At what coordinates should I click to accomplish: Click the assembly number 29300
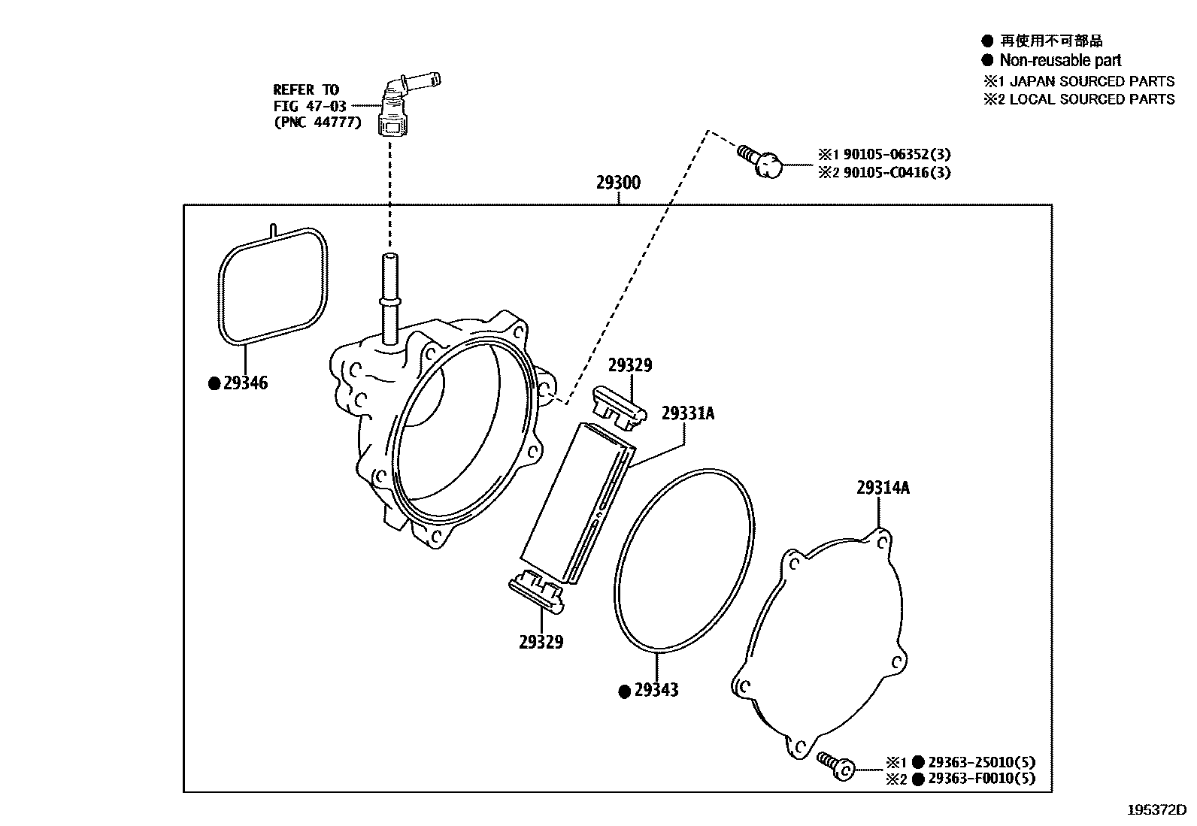[618, 183]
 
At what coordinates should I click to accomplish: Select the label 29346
[245, 383]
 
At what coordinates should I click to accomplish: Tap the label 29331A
[687, 413]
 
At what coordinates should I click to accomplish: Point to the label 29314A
[882, 488]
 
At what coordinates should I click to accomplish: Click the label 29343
[656, 690]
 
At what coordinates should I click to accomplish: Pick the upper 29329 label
[629, 365]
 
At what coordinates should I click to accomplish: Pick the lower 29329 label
[541, 642]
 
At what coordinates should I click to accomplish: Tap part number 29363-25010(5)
[980, 762]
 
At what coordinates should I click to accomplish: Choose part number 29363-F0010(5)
[980, 779]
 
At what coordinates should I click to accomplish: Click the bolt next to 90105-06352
[761, 162]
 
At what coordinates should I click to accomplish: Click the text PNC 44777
[317, 123]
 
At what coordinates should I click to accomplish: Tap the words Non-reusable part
[1060, 61]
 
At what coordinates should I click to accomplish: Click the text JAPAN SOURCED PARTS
[1092, 81]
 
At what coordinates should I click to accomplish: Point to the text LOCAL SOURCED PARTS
[1092, 99]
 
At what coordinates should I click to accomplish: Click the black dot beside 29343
[623, 691]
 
